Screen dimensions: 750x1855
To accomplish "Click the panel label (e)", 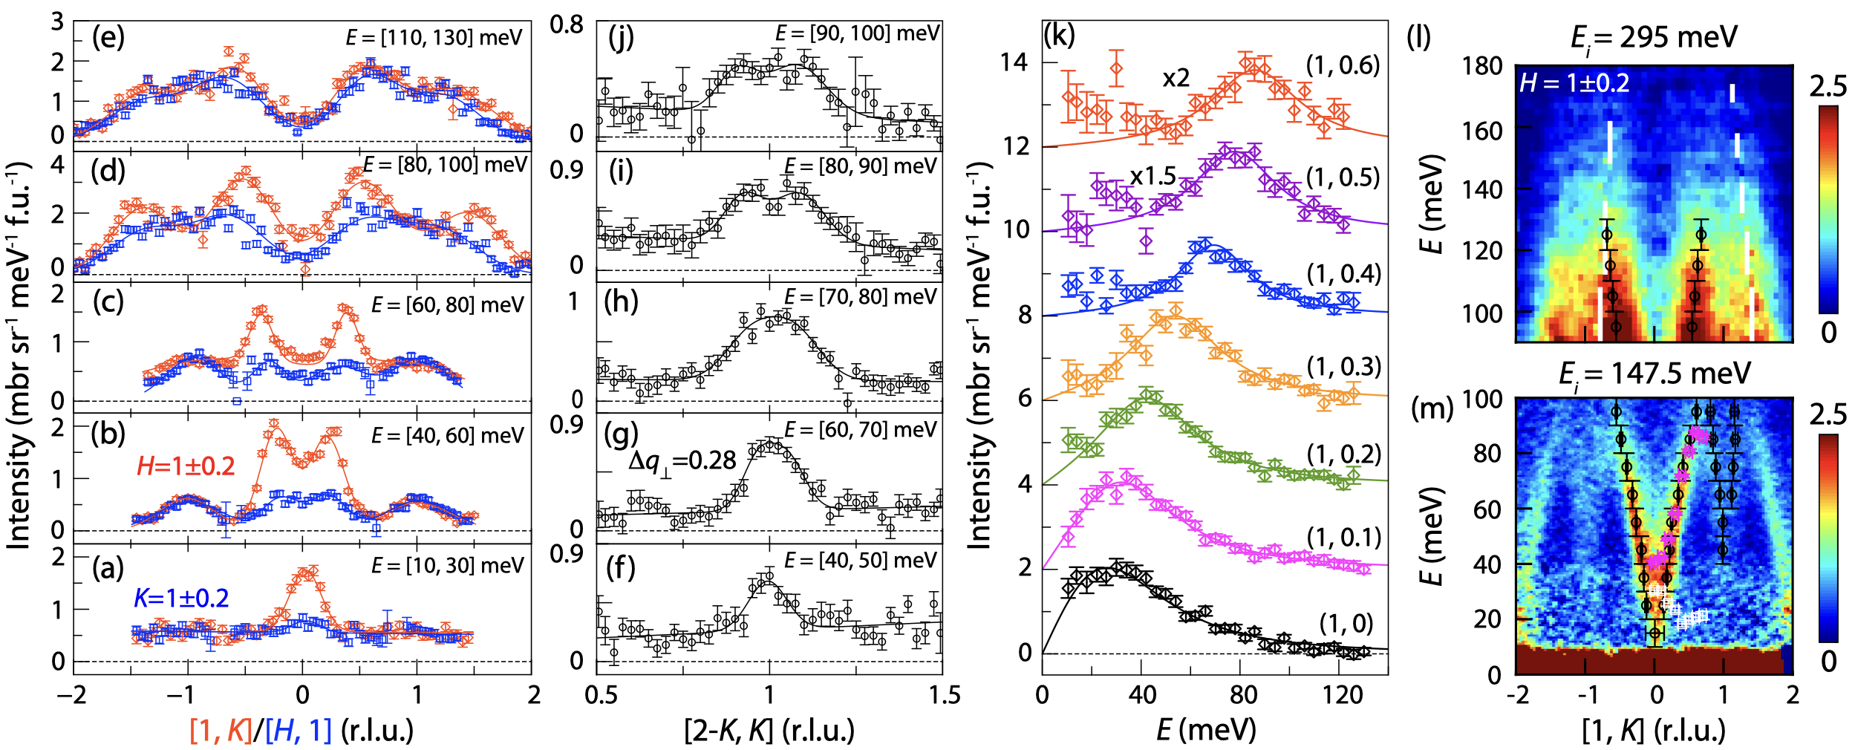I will [108, 37].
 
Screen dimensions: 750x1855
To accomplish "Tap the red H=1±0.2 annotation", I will [186, 466].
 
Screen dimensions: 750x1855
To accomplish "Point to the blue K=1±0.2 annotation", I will [181, 598].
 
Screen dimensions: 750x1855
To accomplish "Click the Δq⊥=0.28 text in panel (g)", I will [682, 461].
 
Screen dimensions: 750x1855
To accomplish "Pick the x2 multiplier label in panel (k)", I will [1176, 78].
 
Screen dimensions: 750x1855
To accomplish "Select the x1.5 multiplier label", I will [1153, 176].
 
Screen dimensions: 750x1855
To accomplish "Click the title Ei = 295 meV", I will [1654, 37].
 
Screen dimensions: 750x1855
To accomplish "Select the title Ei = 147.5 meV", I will [1654, 374].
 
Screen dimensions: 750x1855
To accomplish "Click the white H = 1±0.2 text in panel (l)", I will [1574, 82].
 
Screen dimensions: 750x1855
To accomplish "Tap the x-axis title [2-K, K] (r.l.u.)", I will [769, 731].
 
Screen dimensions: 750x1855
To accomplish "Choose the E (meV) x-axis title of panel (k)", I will [1206, 731].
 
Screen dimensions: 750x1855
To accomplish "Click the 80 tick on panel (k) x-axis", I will [1243, 696].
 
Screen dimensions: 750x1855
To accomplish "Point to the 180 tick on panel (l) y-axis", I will [1482, 67].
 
